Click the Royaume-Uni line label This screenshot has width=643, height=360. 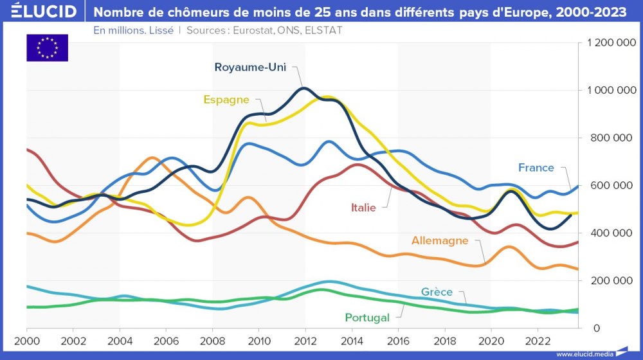click(249, 67)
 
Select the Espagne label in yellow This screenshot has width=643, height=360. click(226, 100)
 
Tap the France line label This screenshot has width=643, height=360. click(536, 168)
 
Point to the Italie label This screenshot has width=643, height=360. click(363, 207)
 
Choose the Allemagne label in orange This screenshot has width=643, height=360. click(439, 241)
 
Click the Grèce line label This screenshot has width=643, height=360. click(437, 292)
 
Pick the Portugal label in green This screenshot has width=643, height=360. click(367, 318)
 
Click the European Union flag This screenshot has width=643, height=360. click(47, 48)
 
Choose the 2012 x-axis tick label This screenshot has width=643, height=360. click(305, 339)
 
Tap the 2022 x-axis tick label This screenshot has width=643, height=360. click(537, 339)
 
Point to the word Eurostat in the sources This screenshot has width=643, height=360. click(251, 30)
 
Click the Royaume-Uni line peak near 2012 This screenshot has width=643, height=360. click(305, 88)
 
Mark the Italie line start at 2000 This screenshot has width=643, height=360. click(27, 150)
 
